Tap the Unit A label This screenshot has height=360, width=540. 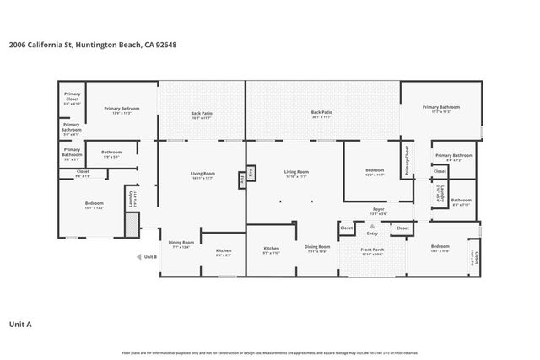pos(20,323)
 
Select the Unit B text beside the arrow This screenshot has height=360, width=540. pos(150,256)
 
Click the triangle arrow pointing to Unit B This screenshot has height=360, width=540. pos(138,256)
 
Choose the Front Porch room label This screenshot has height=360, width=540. pos(371,250)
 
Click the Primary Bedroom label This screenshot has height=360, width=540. pos(121,109)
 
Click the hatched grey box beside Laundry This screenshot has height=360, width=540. pos(130,224)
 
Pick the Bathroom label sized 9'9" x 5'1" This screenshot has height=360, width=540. pos(111,153)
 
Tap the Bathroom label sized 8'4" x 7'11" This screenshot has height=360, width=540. pos(461,201)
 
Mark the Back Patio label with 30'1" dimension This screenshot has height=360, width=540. pos(321,112)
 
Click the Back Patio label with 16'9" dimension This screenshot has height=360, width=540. pos(201,114)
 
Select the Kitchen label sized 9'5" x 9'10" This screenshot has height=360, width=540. pos(271,250)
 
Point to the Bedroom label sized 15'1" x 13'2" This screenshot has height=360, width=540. pos(94,205)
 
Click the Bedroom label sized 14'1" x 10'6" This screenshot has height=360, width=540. pos(440,249)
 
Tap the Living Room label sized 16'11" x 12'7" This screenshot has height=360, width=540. pos(202,175)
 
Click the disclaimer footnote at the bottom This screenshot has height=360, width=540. pos(270,352)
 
